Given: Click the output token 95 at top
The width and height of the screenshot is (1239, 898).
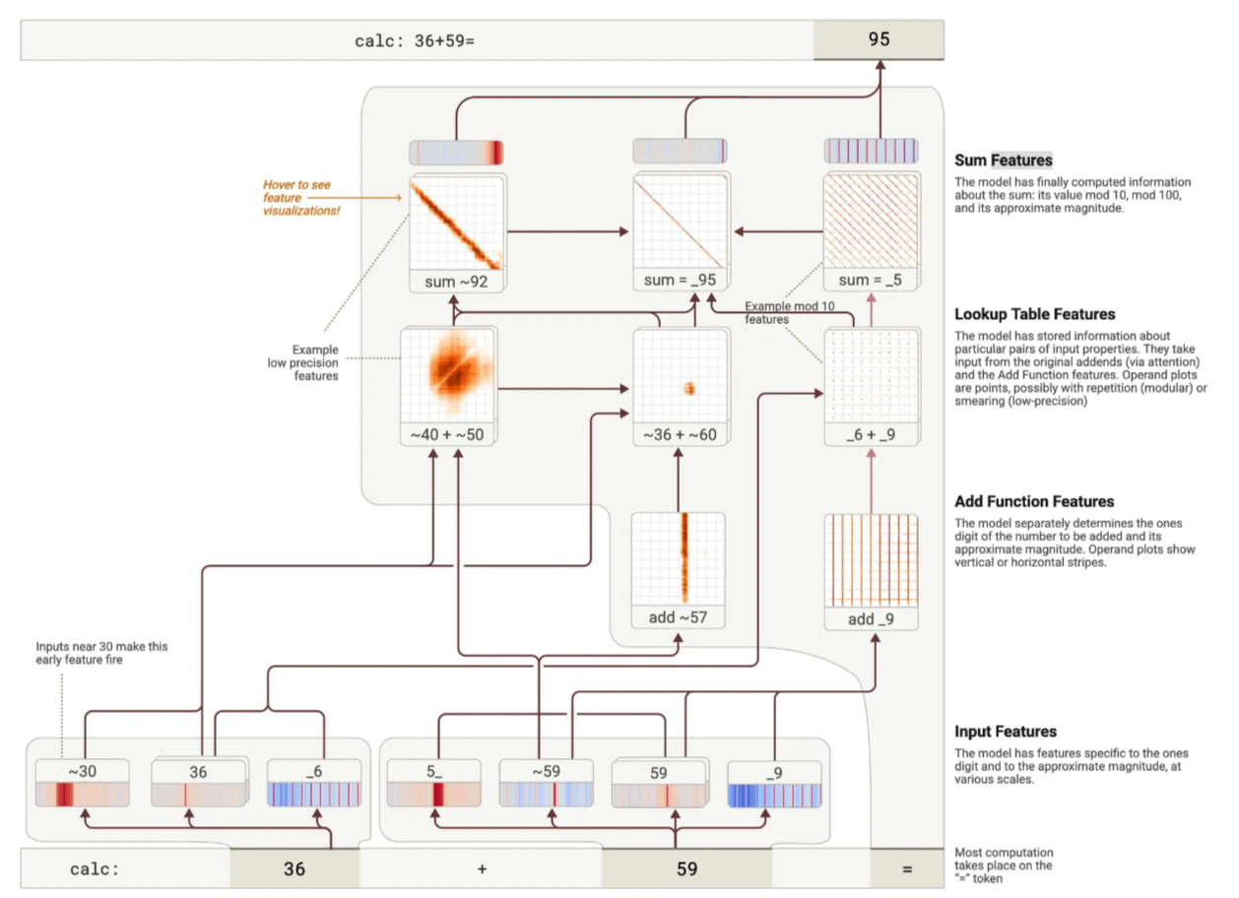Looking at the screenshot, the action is pos(879,39).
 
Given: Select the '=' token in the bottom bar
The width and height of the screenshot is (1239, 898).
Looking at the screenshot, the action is pos(907,868).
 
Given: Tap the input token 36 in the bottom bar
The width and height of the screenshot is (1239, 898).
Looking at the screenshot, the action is pos(294,868).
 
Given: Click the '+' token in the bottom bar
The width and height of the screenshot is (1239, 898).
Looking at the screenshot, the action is pos(482,869).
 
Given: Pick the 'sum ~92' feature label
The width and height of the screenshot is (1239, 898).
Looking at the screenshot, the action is pos(456,282).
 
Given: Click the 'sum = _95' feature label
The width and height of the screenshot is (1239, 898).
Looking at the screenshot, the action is pos(680,280).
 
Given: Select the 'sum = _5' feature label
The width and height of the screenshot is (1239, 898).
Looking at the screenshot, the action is pos(870,280).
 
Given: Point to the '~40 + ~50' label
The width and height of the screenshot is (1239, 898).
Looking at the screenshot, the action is pos(447,434).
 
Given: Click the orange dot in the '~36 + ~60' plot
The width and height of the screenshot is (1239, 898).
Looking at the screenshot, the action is pos(689,389).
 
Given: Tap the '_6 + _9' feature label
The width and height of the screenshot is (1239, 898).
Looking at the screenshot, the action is pos(871,434).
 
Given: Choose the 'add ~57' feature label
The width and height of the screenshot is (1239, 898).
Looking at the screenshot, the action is pos(679,617).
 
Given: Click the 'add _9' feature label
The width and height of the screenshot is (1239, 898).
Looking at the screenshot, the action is pos(871,619).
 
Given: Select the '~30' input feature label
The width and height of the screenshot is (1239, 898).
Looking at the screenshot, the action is pos(83,771).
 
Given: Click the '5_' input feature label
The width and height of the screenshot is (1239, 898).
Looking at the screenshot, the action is pos(434,771).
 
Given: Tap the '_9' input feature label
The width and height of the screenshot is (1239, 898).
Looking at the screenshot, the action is pos(774,773).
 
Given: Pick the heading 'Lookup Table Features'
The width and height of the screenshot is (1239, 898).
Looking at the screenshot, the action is pos(1034,314).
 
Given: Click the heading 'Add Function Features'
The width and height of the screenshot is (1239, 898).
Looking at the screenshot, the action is pos(1034,501).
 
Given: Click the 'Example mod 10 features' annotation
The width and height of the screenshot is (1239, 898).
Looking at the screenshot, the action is pos(789,312).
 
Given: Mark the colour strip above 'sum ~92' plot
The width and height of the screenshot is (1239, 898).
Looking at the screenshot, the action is pos(456,153).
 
